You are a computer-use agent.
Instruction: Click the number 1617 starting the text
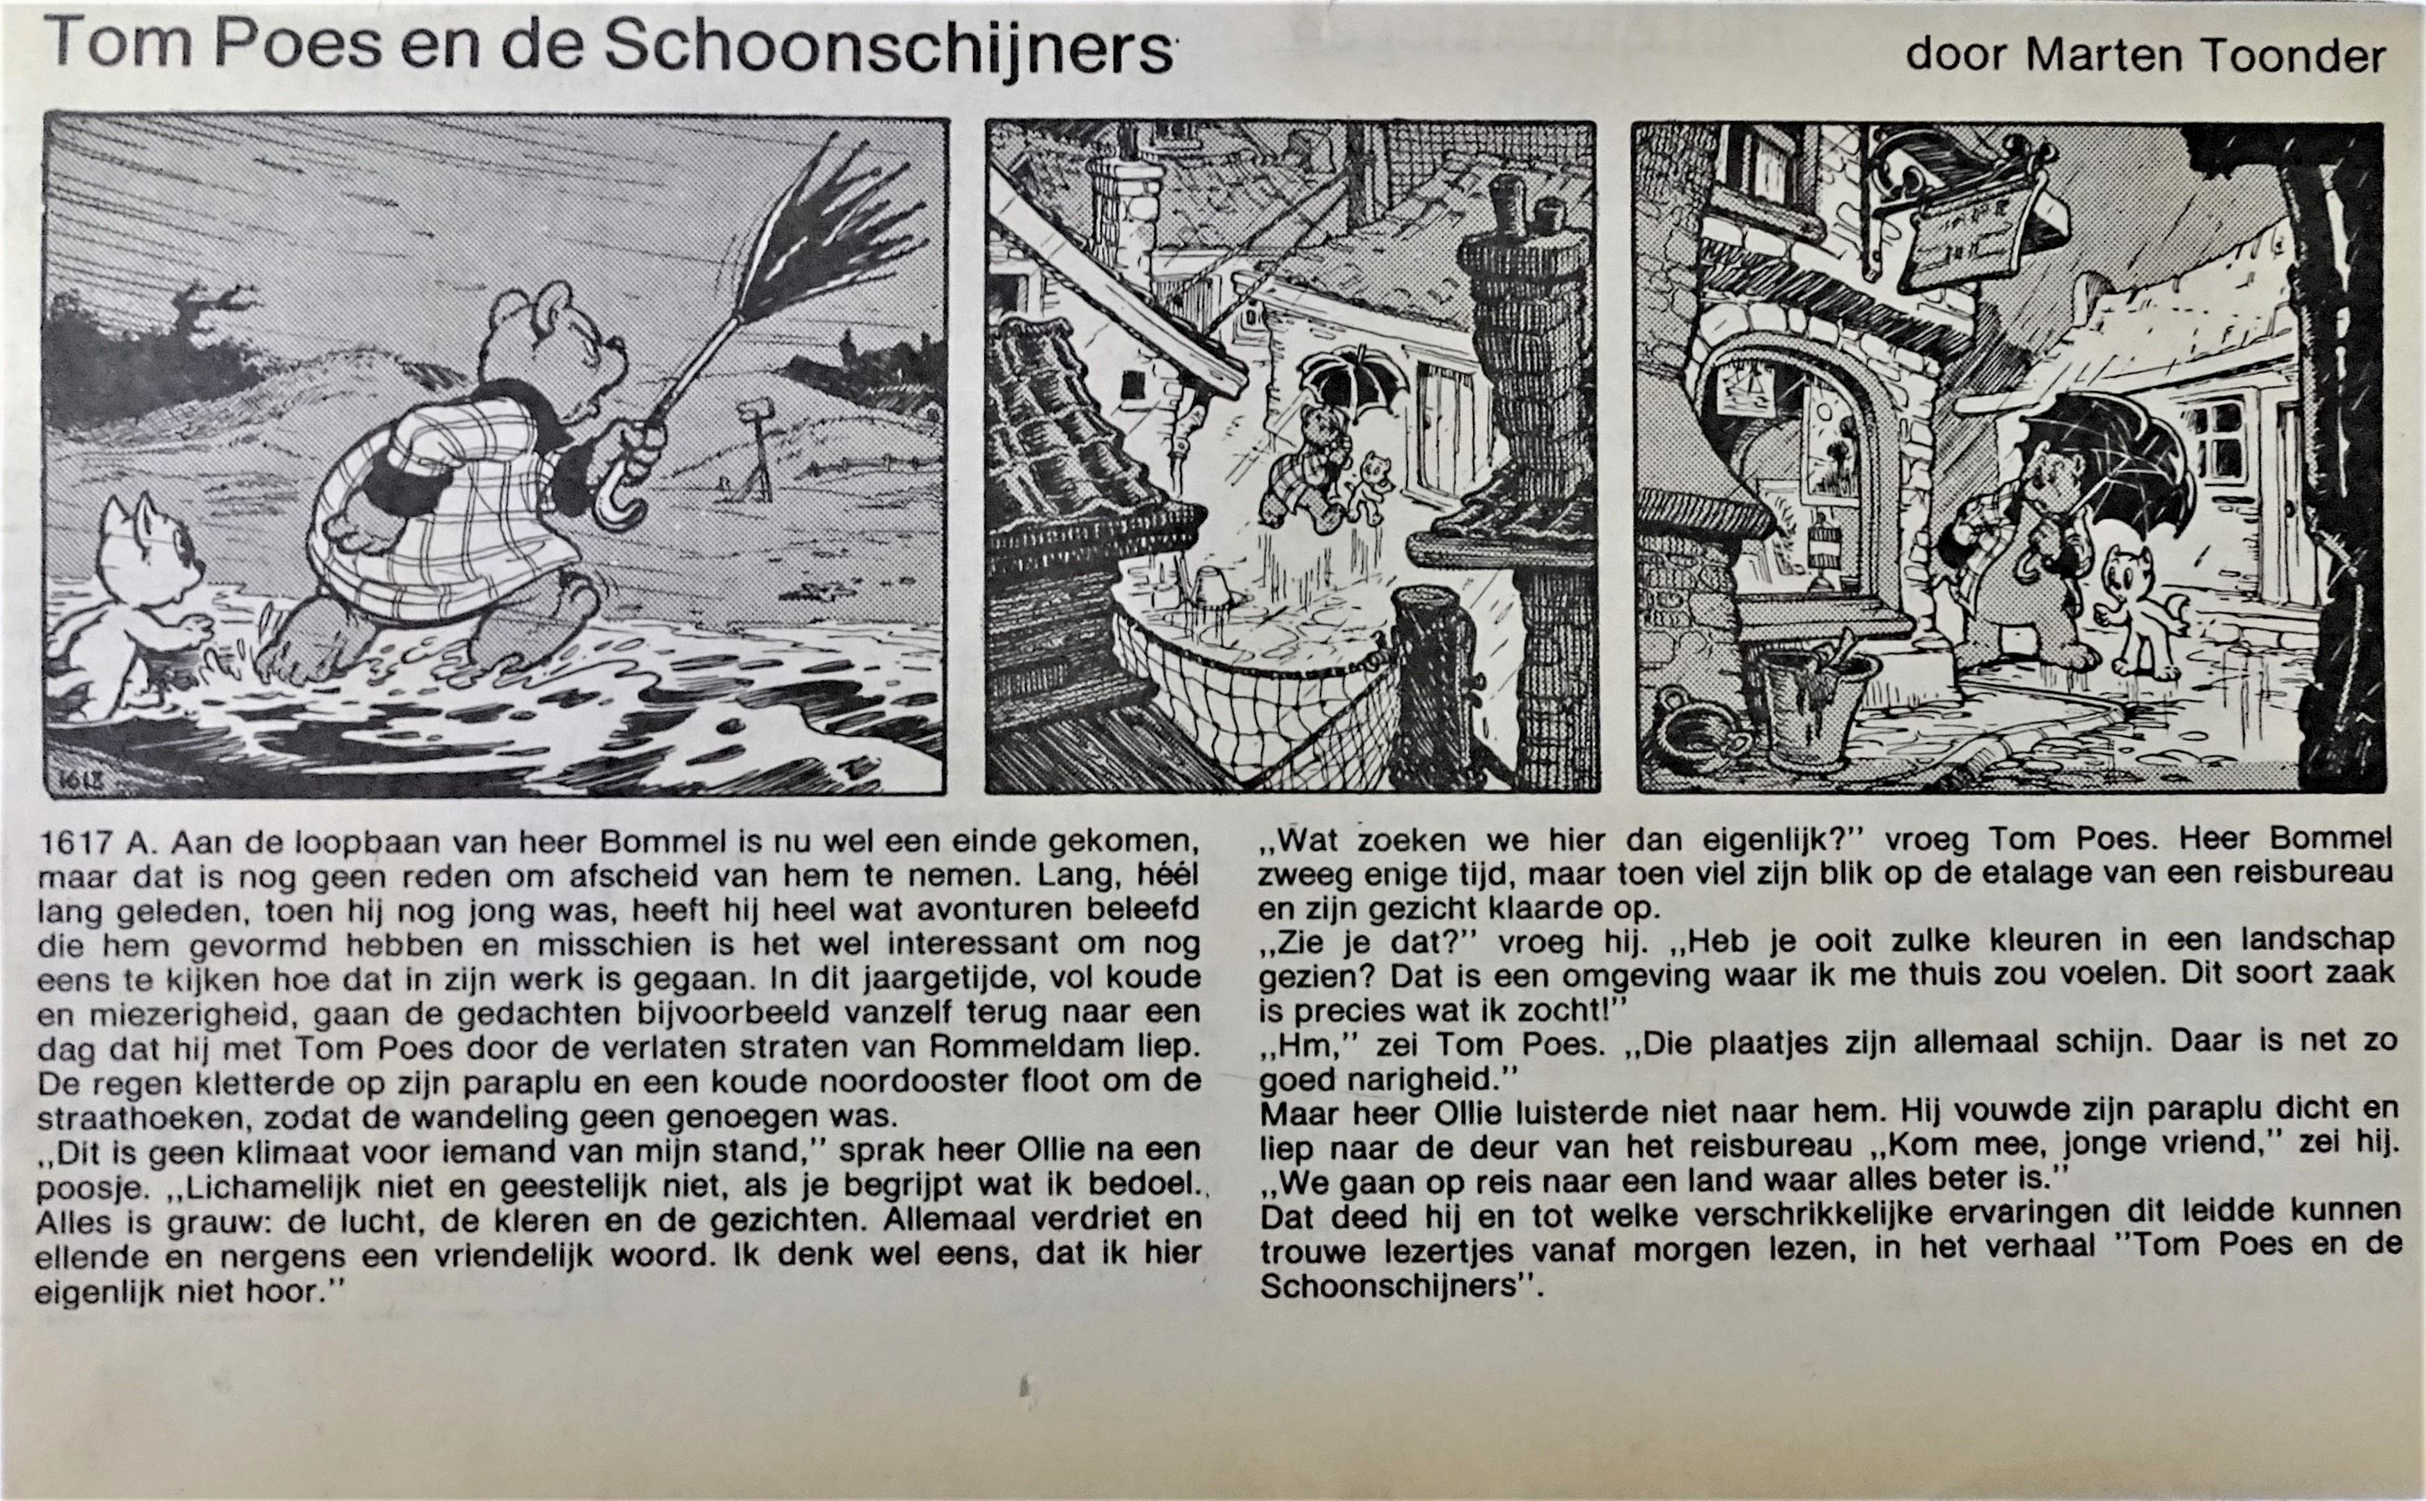click(74, 842)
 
